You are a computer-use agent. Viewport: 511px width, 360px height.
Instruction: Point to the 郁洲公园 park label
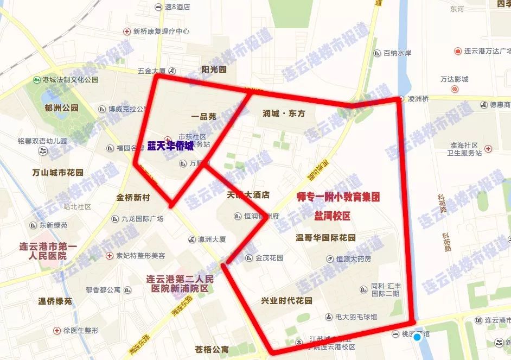61,108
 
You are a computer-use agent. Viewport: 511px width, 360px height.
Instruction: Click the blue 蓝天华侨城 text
170,146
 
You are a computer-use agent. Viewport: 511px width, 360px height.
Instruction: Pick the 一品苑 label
204,116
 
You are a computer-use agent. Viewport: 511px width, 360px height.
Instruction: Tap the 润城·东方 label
284,113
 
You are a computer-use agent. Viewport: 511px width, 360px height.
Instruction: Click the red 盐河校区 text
332,216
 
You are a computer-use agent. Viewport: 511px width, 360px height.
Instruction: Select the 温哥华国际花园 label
325,237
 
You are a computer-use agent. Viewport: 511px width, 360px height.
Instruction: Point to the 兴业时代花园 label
286,300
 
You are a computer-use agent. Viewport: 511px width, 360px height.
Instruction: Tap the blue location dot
417,337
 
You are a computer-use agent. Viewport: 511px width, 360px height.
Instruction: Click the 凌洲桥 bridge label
418,99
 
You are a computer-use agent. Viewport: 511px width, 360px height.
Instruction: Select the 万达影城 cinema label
454,79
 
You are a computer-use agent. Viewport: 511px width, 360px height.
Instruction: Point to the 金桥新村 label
132,197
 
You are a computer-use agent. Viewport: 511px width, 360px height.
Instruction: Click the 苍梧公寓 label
212,349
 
